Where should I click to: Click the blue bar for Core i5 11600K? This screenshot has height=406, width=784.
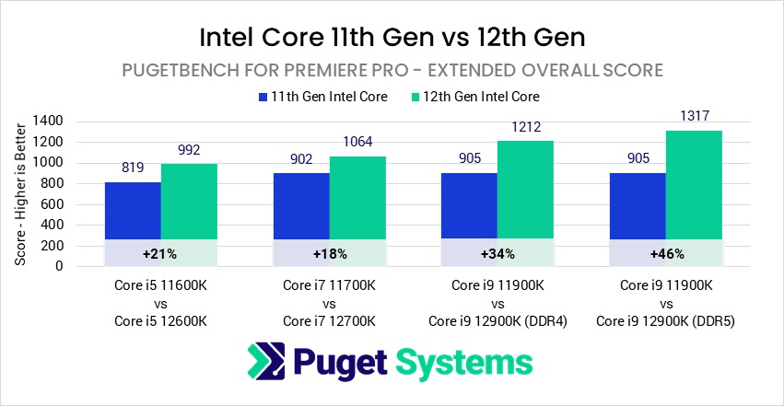click(x=133, y=210)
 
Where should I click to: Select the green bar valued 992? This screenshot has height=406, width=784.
click(x=189, y=203)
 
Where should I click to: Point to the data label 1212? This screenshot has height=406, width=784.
click(x=526, y=127)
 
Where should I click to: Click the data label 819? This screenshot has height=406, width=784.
click(x=133, y=168)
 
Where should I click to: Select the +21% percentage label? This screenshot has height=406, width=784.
click(x=160, y=253)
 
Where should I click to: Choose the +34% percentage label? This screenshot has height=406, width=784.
click(x=498, y=253)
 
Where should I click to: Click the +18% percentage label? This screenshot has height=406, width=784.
click(x=330, y=253)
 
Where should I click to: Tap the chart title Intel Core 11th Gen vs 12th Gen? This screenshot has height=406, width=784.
click(x=392, y=40)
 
